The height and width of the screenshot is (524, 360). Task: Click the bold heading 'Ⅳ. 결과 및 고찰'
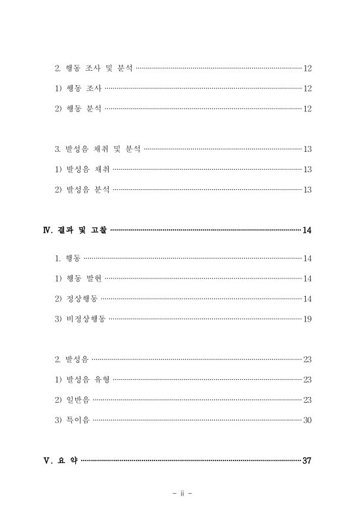coord(71,230)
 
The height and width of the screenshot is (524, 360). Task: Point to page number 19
coord(307,319)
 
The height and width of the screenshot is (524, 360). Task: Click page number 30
coord(307,420)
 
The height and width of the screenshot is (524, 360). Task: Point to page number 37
coord(307,460)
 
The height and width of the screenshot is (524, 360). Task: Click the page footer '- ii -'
coord(181,494)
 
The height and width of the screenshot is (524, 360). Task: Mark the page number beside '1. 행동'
coord(307,258)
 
